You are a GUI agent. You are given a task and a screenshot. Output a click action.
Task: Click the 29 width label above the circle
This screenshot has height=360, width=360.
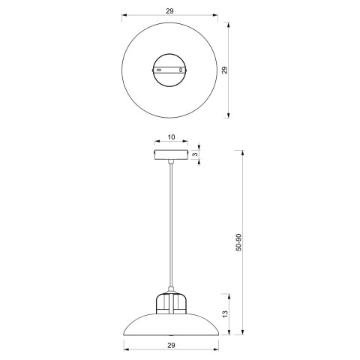(171, 10)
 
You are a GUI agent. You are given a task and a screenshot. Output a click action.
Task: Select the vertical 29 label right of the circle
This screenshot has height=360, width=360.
(223, 70)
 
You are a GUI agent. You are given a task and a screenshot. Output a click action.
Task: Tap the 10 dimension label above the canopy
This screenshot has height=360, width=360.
(171, 137)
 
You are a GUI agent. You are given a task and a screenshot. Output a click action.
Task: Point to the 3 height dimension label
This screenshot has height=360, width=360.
(194, 154)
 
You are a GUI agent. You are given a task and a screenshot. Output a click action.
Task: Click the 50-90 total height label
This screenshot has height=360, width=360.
(238, 241)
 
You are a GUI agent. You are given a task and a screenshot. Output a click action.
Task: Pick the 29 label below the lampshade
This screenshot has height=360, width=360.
(171, 344)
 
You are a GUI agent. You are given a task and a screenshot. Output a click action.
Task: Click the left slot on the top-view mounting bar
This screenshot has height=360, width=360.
(158, 70)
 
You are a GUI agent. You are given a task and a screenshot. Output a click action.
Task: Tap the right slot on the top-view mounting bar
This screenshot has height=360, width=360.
(184, 70)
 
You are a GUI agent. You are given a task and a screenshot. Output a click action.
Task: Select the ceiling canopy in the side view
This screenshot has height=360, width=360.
(171, 155)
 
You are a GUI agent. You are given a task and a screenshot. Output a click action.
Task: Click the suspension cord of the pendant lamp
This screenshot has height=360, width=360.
(171, 225)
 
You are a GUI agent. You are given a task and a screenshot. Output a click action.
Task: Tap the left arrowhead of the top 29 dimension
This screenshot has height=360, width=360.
(125, 16)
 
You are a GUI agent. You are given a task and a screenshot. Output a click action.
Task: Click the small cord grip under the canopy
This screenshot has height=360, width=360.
(171, 163)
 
